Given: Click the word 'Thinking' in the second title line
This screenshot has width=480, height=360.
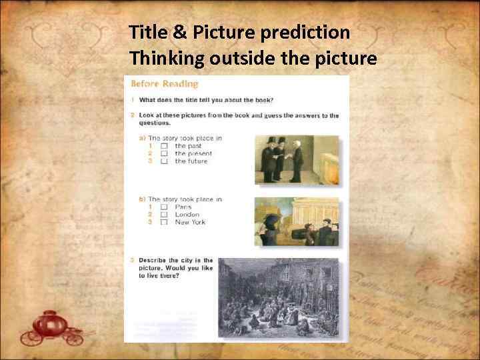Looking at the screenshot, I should pos(167,59).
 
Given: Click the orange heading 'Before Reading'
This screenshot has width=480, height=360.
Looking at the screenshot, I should pos(164,84).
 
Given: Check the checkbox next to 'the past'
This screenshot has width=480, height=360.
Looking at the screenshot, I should pos(164,146).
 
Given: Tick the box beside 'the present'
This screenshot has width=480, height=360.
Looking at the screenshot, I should pos(164,153).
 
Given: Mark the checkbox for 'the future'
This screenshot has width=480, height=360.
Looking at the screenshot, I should pos(164,161).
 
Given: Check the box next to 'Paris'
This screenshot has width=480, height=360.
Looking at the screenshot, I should pos(164,207).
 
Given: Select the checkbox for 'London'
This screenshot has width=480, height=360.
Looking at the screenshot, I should pos(164,215).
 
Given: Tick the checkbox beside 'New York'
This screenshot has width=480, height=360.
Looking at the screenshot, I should pos(164,223).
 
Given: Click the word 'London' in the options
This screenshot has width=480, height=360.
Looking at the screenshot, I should pos(187,215).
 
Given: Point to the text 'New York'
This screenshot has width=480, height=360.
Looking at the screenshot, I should pos(190,223).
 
